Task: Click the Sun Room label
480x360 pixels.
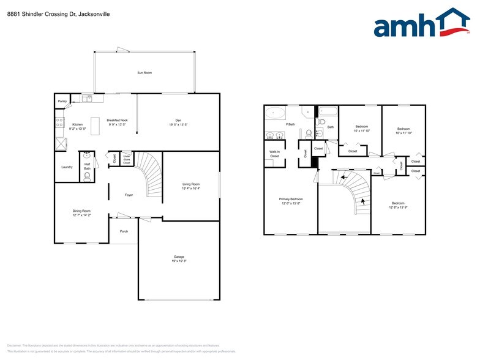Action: pyautogui.click(x=144, y=73)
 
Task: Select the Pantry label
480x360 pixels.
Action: pyautogui.click(x=62, y=101)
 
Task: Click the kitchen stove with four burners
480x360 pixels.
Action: pyautogui.click(x=60, y=122)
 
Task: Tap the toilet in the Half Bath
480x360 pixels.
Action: pyautogui.click(x=87, y=176)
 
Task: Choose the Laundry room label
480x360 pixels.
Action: pyautogui.click(x=67, y=167)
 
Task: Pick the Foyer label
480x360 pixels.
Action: pyautogui.click(x=129, y=195)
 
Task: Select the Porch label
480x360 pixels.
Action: pyautogui.click(x=124, y=231)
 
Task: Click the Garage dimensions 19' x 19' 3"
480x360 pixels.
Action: pyautogui.click(x=178, y=261)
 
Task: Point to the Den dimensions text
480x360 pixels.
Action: pyautogui.click(x=178, y=124)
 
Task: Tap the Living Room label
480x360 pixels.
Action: pyautogui.click(x=191, y=184)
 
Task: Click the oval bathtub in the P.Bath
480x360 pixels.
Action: pyautogui.click(x=275, y=113)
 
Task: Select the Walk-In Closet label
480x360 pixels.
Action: pyautogui.click(x=274, y=154)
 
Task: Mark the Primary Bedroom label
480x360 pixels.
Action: pyautogui.click(x=291, y=199)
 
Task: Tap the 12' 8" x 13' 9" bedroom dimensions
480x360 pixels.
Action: pyautogui.click(x=398, y=207)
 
